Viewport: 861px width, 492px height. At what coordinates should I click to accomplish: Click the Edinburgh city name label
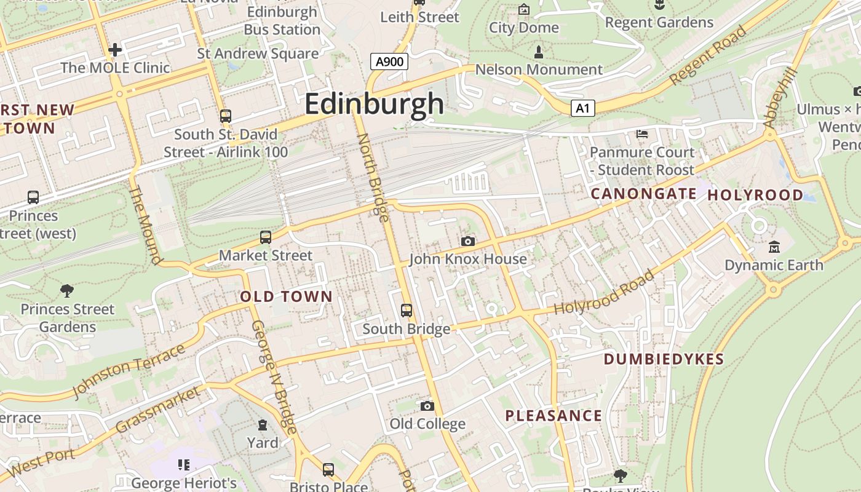[374, 103]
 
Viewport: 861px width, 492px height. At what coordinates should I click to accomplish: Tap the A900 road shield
[390, 61]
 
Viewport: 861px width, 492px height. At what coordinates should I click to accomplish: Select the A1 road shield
[583, 109]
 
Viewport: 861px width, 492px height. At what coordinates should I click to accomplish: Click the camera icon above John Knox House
[468, 241]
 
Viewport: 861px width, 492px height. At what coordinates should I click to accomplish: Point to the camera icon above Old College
[427, 406]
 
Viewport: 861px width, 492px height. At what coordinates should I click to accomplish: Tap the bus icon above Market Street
[266, 237]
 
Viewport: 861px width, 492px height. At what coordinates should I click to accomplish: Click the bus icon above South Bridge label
[407, 311]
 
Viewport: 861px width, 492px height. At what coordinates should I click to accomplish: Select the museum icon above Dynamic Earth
[774, 247]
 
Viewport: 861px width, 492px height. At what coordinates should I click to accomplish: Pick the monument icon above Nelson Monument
[539, 52]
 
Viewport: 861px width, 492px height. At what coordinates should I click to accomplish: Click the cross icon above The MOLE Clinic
[115, 49]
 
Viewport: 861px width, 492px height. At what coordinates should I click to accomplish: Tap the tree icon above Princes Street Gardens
[67, 290]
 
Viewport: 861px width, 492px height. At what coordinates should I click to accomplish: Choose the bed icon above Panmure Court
[641, 133]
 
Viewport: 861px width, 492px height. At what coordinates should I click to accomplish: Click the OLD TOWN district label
[286, 296]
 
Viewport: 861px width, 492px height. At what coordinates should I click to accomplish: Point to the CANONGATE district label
[643, 194]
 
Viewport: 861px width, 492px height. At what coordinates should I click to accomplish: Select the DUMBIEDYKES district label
[664, 359]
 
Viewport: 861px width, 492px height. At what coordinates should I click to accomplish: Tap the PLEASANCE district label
[553, 416]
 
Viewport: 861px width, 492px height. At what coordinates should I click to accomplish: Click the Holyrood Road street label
[604, 293]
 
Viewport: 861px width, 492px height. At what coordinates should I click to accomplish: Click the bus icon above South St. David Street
[226, 116]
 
